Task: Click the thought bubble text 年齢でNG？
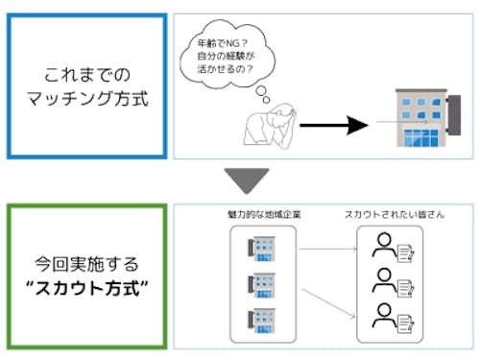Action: pos(218,42)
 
